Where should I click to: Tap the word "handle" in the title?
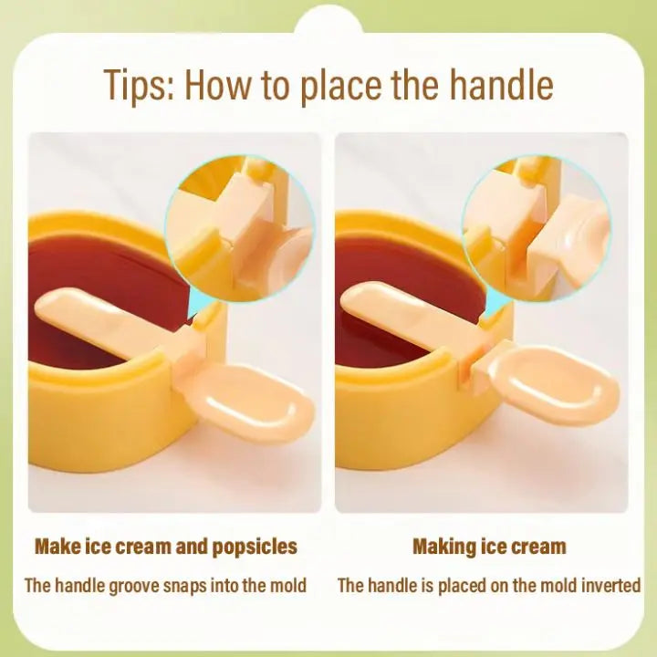click(x=501, y=85)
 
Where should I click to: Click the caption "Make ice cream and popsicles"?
click(x=166, y=547)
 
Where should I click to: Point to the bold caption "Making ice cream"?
click(x=489, y=547)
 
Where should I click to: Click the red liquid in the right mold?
click(x=383, y=265)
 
